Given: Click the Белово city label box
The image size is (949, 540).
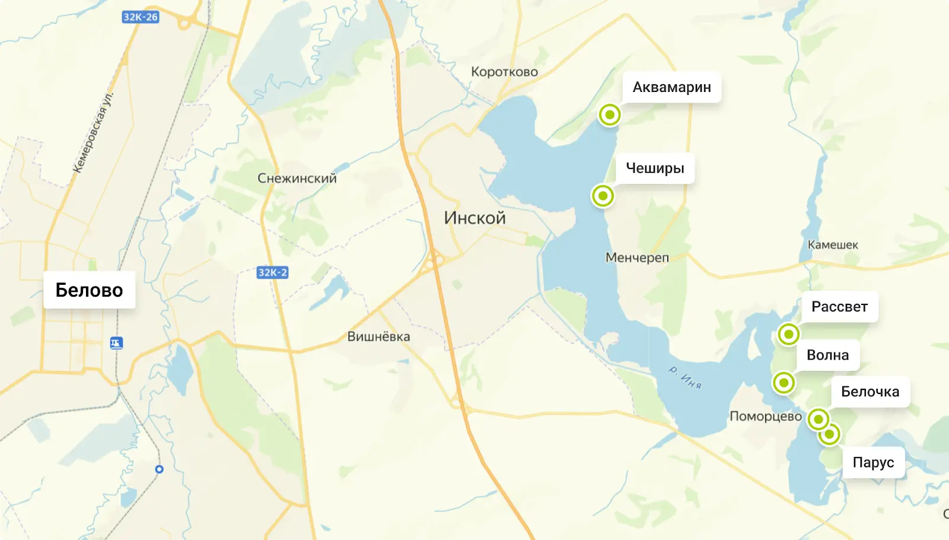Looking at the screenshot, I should point(89,290).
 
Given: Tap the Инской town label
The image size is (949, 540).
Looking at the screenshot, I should point(474,218).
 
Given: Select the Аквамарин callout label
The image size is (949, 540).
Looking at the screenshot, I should point(671,87).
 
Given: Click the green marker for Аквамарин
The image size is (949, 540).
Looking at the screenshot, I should point(609,115).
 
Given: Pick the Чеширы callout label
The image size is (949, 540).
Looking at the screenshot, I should point(655,168).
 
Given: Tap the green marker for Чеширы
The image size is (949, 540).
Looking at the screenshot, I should point(603,195).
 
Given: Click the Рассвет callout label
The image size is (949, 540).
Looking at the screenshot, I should point(839,307).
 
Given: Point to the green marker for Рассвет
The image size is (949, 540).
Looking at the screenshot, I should point(788,334).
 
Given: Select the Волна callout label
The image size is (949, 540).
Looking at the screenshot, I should point(827,355).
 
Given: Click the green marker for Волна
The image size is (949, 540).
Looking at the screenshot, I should point(784,383).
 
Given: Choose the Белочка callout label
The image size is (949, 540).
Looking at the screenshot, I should point(870,392).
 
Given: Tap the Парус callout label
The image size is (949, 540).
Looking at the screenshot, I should point(873,462).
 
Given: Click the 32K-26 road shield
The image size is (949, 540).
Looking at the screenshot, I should point(141,17).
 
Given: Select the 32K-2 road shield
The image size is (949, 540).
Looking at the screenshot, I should point(272,272).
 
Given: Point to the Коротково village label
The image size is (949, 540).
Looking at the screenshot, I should point(504,72).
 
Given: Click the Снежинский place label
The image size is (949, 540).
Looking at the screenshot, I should point(297,178).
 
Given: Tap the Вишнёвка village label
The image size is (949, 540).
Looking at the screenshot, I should point(378,336).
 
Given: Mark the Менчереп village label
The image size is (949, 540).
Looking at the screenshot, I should point(637,258).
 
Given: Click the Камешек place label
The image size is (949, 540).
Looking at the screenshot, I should point(833,244).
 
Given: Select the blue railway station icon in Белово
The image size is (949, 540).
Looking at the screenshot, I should point(116,343).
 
